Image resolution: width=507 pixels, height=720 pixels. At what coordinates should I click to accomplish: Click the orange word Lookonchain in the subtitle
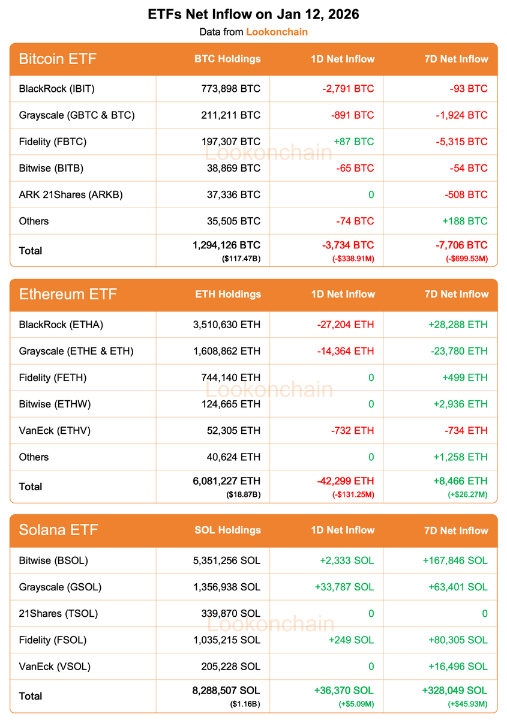277,32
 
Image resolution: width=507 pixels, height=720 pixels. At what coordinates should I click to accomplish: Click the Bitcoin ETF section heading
58,59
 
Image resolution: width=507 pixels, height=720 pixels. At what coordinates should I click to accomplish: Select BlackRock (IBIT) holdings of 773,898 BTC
231,89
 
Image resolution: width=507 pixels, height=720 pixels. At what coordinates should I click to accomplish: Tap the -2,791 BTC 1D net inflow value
346,89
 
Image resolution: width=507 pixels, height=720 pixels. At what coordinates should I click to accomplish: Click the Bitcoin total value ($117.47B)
242,259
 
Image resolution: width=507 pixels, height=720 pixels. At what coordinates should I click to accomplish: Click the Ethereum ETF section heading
68,294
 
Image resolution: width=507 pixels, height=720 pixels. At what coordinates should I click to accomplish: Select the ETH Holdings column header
228,294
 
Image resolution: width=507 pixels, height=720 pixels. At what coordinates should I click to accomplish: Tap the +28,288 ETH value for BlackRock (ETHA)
458,325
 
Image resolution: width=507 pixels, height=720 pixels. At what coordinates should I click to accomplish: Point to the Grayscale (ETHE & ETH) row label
76,351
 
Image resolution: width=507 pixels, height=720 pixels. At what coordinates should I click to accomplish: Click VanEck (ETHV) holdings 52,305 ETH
231,430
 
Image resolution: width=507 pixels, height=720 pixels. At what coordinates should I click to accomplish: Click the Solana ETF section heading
58,530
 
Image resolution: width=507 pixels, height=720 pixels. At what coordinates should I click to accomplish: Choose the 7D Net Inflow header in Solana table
456,530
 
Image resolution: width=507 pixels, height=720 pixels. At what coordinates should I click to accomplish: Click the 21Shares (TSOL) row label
58,613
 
